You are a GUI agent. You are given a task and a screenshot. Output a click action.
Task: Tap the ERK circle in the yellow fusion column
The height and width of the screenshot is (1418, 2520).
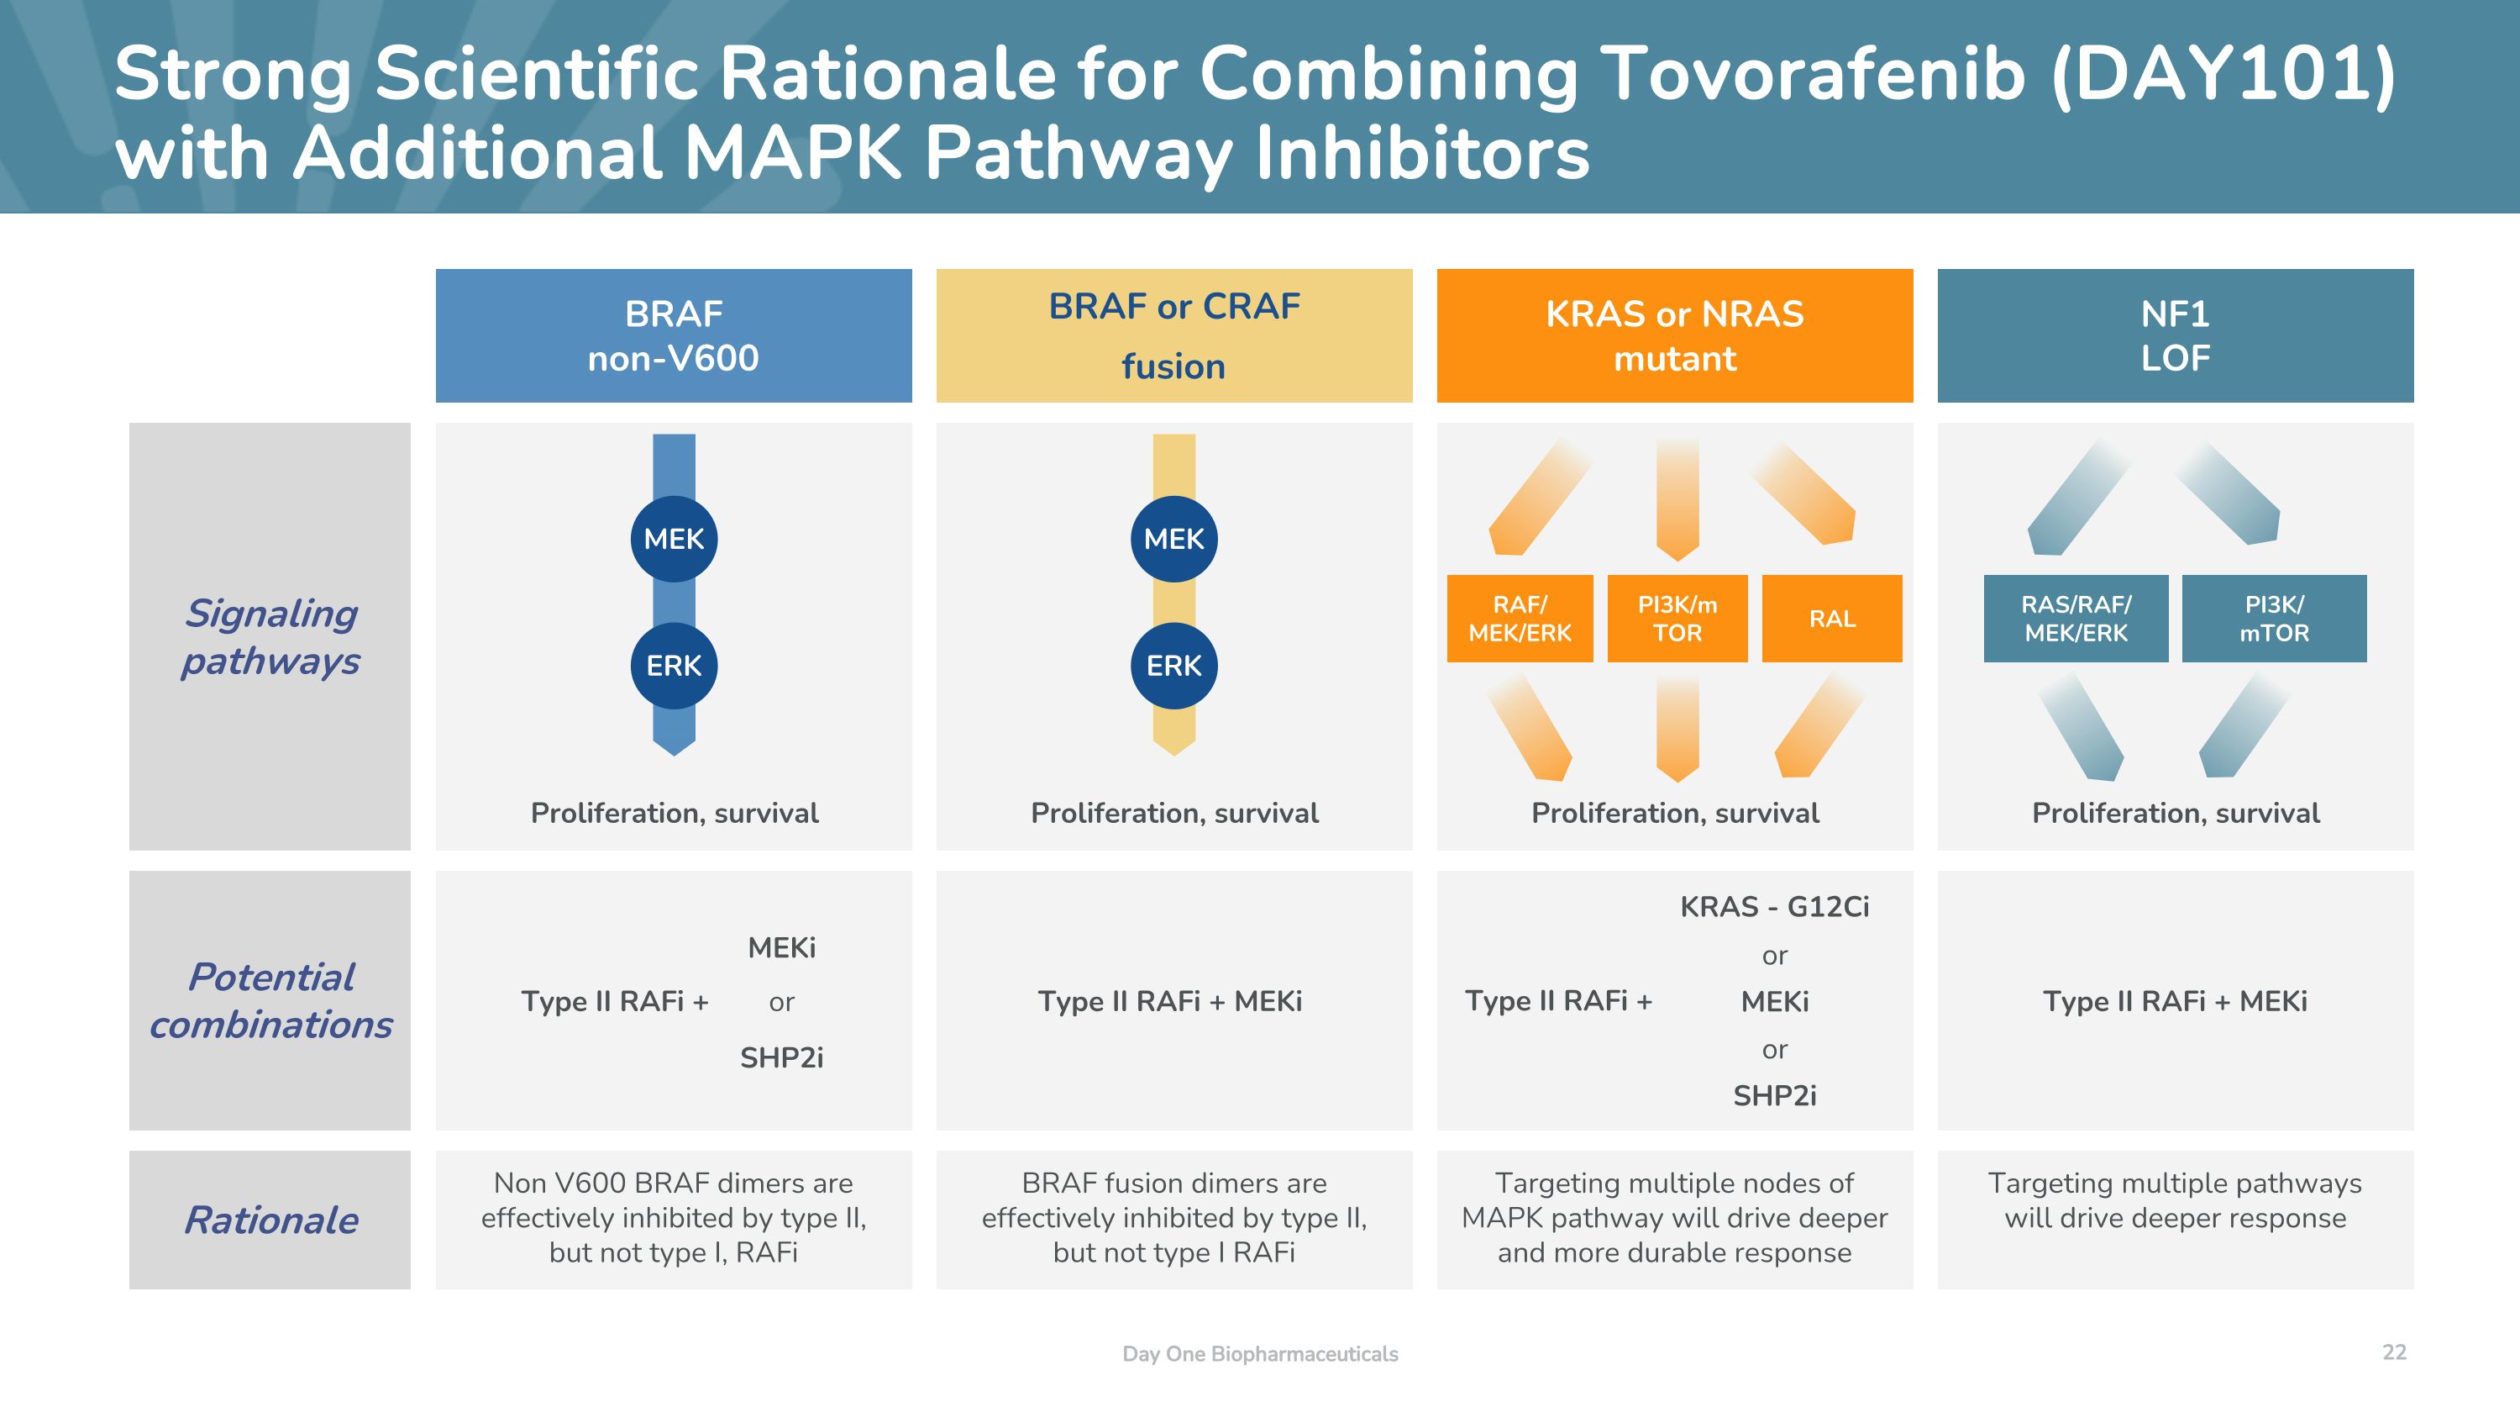[x=1174, y=666]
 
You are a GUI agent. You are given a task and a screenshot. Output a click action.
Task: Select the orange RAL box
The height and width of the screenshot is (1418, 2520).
[x=1831, y=619]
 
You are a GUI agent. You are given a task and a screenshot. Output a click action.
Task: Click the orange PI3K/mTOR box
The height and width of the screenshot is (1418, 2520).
[x=1677, y=619]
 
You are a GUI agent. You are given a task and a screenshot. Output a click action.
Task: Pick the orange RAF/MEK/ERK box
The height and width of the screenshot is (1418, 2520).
[x=1520, y=619]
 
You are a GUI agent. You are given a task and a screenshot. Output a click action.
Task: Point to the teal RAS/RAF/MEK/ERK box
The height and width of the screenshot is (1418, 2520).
[x=2075, y=619]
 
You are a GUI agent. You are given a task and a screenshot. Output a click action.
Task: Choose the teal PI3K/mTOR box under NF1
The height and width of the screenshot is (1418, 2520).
[x=2274, y=619]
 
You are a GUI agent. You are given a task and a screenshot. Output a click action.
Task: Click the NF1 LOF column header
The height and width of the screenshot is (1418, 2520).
[x=2175, y=335]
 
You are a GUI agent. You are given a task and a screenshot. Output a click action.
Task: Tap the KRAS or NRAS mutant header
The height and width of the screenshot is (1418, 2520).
[x=1674, y=335]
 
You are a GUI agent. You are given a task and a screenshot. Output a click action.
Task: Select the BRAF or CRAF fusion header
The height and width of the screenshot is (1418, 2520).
[x=1174, y=335]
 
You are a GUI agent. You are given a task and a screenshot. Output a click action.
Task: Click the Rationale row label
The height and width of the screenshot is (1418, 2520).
[x=271, y=1220]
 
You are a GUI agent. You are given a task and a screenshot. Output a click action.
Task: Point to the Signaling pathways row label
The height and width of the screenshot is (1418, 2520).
[x=271, y=636]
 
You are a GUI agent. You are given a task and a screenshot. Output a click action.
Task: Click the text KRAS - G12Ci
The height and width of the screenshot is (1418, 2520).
[x=1773, y=906]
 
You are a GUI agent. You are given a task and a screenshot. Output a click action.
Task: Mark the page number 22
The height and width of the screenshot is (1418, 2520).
[x=2394, y=1352]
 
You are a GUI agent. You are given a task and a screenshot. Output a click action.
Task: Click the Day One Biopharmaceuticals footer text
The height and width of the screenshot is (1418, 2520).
[x=1260, y=1353]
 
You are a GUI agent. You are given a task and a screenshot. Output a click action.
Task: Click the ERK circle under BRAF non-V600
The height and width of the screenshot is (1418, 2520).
[x=673, y=666]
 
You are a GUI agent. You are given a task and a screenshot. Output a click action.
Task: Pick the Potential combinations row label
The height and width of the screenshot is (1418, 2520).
[x=271, y=1000]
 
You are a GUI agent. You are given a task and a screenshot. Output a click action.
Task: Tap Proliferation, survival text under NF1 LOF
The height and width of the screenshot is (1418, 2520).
[x=2175, y=812]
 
